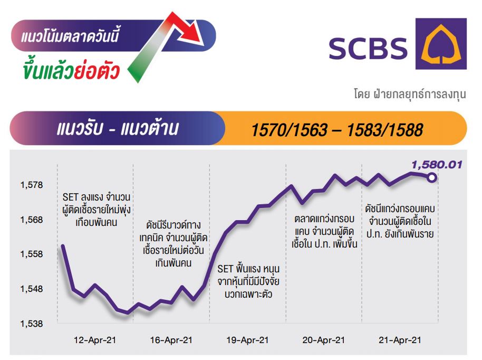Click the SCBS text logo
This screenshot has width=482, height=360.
pyautogui.click(x=368, y=49)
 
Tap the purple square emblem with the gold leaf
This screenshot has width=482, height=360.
pyautogui.click(x=441, y=44)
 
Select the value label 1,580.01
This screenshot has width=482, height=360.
pyautogui.click(x=437, y=165)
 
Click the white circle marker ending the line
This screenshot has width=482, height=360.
pyautogui.click(x=432, y=177)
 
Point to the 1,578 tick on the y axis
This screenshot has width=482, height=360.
pyautogui.click(x=32, y=185)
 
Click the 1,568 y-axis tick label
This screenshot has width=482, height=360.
pyautogui.click(x=32, y=220)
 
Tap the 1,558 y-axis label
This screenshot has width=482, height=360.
pyautogui.click(x=32, y=254)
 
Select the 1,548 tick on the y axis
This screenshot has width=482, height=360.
pyautogui.click(x=32, y=289)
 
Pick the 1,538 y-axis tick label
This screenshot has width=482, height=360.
pyautogui.click(x=32, y=324)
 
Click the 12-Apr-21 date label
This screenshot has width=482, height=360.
pyautogui.click(x=95, y=340)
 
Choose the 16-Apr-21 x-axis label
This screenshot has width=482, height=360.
pyautogui.click(x=171, y=340)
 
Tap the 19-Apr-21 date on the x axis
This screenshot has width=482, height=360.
pyautogui.click(x=247, y=340)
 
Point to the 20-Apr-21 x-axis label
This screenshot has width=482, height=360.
pyautogui.click(x=324, y=340)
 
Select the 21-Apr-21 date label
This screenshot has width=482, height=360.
pyautogui.click(x=400, y=340)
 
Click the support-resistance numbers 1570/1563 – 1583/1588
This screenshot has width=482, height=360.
pyautogui.click(x=337, y=130)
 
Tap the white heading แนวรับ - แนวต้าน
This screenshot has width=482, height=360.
pyautogui.click(x=118, y=128)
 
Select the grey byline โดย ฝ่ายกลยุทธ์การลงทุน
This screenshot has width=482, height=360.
pyautogui.click(x=410, y=94)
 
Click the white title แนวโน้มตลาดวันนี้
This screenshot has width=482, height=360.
pyautogui.click(x=70, y=36)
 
